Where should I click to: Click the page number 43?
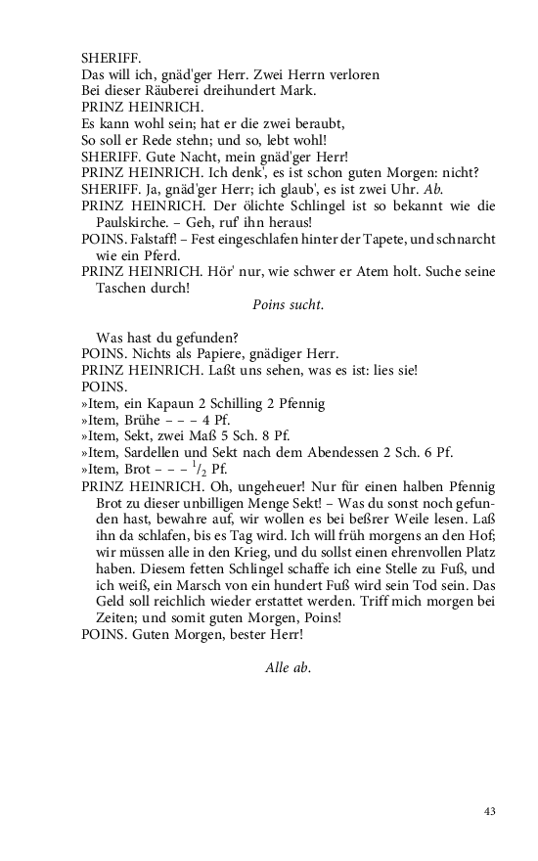490,810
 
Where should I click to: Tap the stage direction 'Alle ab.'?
288,666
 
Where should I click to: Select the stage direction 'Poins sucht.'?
288,304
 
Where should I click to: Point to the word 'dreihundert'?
234,91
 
